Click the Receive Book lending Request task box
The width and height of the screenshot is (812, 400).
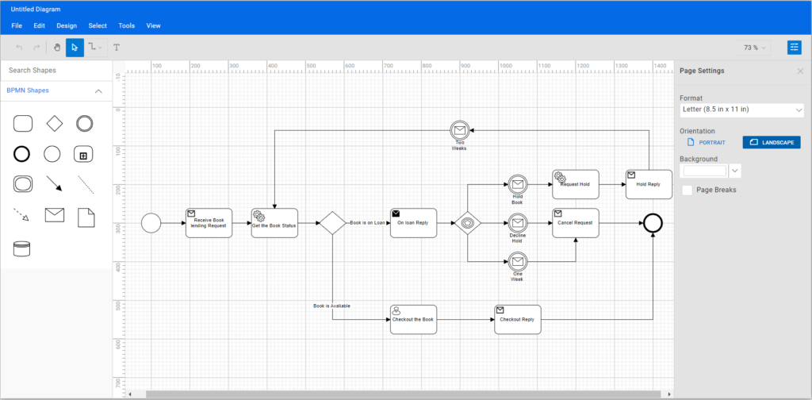[209, 223]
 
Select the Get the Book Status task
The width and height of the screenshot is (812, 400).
[274, 223]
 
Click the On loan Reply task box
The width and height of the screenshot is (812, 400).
[413, 223]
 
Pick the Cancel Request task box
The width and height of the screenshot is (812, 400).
[575, 223]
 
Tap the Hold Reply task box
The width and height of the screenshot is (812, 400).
[648, 184]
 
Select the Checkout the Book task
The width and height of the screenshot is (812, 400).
[413, 319]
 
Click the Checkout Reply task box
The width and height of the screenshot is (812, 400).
[517, 319]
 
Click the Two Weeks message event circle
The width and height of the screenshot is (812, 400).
[458, 130]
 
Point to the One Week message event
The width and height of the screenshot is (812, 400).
[518, 261]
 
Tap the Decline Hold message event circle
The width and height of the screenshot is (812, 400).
[518, 223]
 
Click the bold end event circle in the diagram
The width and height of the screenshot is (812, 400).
[653, 223]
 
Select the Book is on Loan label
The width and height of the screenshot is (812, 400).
[367, 223]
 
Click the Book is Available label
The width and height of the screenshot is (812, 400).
[331, 306]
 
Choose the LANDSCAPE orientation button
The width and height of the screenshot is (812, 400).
[772, 142]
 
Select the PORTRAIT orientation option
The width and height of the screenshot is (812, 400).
[707, 142]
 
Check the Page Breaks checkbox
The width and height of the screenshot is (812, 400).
[688, 190]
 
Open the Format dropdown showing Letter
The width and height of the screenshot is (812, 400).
[741, 110]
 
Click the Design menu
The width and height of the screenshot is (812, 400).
[67, 25]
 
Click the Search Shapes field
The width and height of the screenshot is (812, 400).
[56, 71]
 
